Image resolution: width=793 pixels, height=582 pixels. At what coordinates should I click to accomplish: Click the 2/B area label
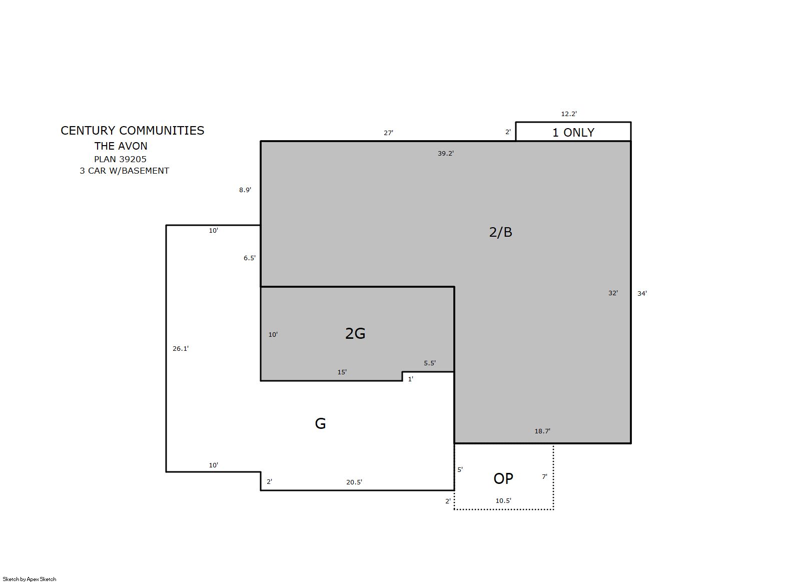click(x=500, y=232)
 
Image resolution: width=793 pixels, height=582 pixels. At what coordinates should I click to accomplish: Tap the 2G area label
click(x=355, y=333)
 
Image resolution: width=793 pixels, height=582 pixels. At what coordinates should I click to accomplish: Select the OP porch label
click(x=503, y=478)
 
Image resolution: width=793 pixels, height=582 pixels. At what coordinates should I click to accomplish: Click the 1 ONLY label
click(x=573, y=133)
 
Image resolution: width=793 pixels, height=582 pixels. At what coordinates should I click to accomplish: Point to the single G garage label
click(x=320, y=423)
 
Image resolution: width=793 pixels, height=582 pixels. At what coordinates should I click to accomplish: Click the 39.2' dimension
click(x=446, y=153)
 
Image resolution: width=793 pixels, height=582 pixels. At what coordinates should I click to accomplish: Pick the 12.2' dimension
click(x=569, y=114)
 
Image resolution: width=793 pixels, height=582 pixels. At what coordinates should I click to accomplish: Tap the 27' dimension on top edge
click(x=388, y=133)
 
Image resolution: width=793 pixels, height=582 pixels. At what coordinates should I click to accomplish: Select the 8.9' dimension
click(x=245, y=190)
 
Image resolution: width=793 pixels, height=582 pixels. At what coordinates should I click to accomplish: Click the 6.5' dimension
click(x=250, y=258)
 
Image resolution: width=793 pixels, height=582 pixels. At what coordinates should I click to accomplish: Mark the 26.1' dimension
click(x=181, y=348)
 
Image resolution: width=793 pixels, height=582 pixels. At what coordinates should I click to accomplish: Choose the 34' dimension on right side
click(x=642, y=293)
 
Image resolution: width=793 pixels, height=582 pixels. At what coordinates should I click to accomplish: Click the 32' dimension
click(x=613, y=293)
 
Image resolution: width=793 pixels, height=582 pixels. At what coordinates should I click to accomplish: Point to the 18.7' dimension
click(x=542, y=431)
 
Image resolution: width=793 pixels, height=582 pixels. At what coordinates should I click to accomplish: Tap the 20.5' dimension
click(x=354, y=482)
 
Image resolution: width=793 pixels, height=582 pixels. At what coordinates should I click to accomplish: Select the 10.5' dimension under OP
click(x=503, y=500)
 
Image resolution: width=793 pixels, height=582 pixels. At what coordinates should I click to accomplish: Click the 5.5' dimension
click(x=430, y=363)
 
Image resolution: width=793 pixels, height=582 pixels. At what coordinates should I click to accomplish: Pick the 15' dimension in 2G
click(x=342, y=372)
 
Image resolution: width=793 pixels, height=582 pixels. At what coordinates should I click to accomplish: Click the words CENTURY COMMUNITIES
click(x=133, y=130)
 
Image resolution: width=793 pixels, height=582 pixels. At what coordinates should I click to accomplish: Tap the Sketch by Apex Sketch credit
click(x=30, y=579)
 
